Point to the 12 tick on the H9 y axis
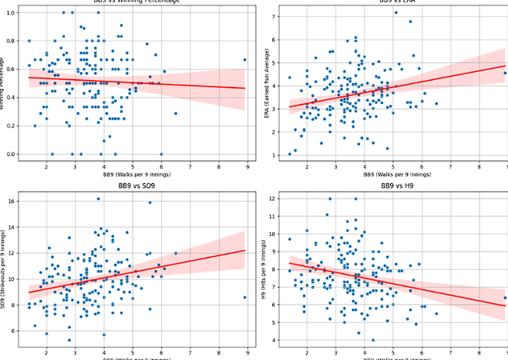(278, 199)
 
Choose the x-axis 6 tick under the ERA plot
(422, 168)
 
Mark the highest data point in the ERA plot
(396, 12)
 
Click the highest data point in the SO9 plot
(98, 199)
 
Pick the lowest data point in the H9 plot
(373, 340)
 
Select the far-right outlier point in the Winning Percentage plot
(245, 60)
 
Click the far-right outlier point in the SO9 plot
(245, 297)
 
